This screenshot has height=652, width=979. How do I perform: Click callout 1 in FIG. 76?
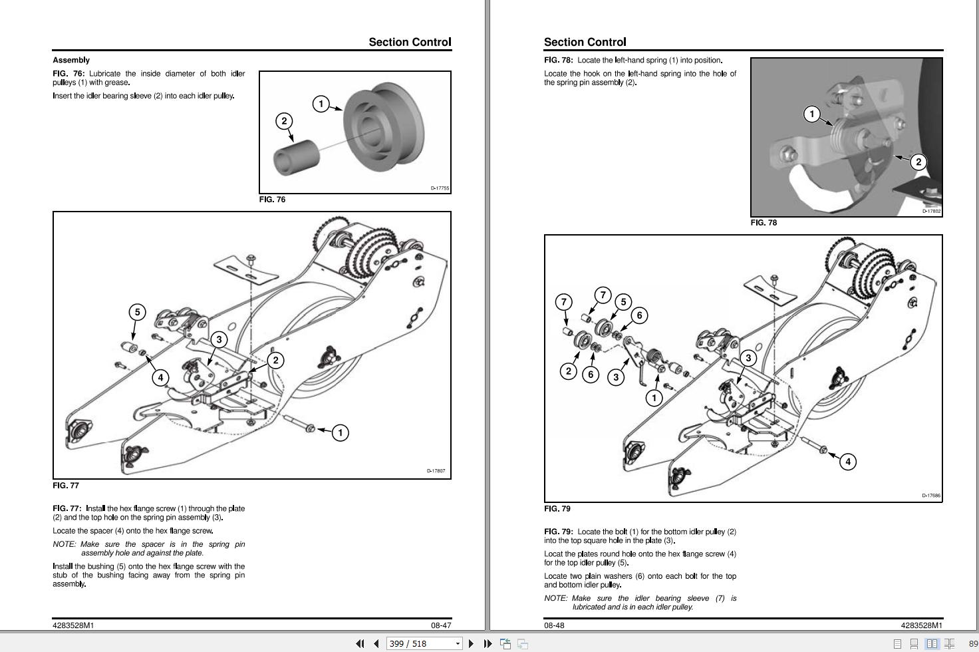(321, 104)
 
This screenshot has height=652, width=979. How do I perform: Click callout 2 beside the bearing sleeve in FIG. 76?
(284, 120)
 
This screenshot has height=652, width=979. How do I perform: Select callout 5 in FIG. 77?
(137, 311)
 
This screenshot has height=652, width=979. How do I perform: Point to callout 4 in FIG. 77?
(160, 378)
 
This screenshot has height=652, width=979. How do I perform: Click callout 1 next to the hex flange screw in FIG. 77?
(340, 432)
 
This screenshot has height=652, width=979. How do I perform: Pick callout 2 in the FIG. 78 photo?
(918, 162)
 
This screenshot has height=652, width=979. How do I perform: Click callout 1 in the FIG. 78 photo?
(811, 114)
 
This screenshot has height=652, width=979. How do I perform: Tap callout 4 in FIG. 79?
(848, 461)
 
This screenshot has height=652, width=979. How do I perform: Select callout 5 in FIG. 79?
(623, 301)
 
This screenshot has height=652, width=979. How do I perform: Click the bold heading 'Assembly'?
(71, 60)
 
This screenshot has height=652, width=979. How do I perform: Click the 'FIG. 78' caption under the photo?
(764, 223)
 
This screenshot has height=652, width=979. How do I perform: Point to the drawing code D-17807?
(436, 471)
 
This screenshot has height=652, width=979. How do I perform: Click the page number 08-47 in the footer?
(441, 625)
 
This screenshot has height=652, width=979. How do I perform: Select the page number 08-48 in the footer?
(554, 625)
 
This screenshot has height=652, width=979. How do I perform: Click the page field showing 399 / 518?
(419, 643)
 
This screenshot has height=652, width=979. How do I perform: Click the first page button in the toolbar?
(360, 643)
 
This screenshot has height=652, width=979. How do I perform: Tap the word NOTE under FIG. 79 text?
(556, 598)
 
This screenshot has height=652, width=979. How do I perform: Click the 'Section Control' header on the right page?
(585, 42)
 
